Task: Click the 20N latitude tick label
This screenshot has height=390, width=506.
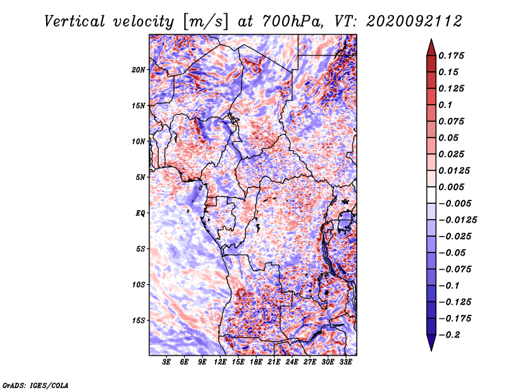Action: click(x=139, y=70)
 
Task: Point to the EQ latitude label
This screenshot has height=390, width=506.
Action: click(x=140, y=213)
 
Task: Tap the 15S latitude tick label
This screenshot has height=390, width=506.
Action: click(x=139, y=321)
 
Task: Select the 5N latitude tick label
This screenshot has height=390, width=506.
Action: click(x=140, y=177)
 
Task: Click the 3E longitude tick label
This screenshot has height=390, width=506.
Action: click(x=166, y=362)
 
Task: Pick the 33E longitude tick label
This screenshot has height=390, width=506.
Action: click(x=345, y=362)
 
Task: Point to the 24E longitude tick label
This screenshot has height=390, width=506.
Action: click(x=292, y=362)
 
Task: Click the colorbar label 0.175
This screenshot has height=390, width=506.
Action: click(x=451, y=56)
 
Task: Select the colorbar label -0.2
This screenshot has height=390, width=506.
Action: click(x=449, y=335)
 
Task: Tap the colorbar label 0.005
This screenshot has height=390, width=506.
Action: click(x=451, y=187)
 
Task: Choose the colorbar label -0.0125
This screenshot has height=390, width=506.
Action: click(x=457, y=220)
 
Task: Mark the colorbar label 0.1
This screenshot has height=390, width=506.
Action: click(x=445, y=105)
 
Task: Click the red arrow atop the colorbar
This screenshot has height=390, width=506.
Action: click(x=431, y=47)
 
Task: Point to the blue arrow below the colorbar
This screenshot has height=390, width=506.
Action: click(x=431, y=343)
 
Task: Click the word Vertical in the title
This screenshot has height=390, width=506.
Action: click(x=75, y=21)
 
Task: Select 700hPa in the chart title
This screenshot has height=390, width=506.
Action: click(x=292, y=21)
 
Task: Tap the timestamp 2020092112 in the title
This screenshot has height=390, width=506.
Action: click(x=414, y=21)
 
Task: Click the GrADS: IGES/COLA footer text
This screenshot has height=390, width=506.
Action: click(x=35, y=386)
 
